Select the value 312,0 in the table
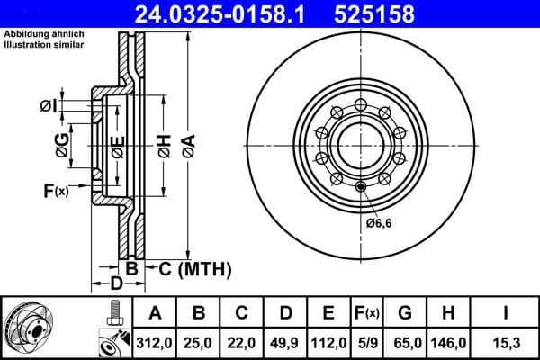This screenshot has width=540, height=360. (155, 342)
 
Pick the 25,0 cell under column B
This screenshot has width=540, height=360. (199, 342)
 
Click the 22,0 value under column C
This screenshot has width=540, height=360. (242, 342)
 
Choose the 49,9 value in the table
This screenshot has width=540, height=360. (285, 342)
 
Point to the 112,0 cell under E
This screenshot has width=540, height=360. (328, 342)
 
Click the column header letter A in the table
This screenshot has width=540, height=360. (155, 313)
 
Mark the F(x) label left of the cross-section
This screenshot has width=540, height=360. (55, 190)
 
